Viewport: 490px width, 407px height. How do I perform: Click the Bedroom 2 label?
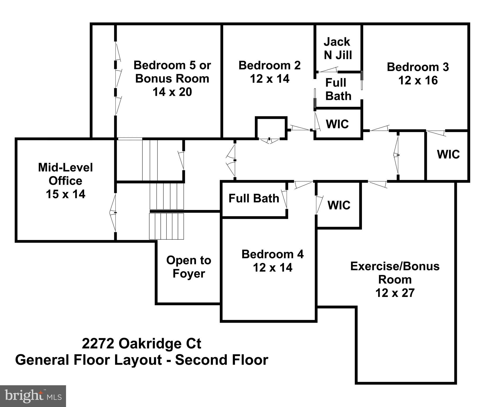(x=269, y=65)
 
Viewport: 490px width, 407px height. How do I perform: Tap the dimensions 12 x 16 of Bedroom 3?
(x=418, y=80)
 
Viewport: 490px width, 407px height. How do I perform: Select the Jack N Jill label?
(x=338, y=49)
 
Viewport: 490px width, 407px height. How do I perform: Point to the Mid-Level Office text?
(x=65, y=174)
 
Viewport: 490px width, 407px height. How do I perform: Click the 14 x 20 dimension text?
(x=172, y=92)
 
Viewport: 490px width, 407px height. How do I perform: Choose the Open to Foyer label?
(x=189, y=267)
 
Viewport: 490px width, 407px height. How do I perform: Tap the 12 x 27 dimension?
(x=395, y=293)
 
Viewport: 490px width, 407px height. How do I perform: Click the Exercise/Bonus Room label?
(x=395, y=273)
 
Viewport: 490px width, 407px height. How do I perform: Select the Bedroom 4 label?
(x=272, y=254)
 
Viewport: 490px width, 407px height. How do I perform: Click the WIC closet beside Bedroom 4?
(x=339, y=205)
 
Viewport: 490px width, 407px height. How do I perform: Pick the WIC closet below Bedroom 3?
(x=448, y=154)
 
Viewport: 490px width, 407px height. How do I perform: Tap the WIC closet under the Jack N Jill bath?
(x=337, y=124)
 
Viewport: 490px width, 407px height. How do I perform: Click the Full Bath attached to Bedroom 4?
(x=254, y=198)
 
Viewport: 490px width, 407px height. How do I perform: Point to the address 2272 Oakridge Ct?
(x=142, y=344)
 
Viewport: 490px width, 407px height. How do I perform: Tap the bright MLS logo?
(x=33, y=396)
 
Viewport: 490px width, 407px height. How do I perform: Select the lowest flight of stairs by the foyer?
(x=167, y=226)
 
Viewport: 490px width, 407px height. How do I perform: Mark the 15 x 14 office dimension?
(x=65, y=194)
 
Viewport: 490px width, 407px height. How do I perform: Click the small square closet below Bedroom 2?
(x=271, y=128)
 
